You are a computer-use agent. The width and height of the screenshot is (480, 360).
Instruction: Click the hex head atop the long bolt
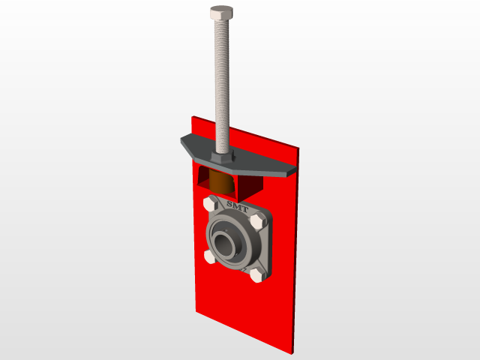(221, 13)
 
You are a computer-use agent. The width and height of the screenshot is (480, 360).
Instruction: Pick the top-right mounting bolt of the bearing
(259, 222)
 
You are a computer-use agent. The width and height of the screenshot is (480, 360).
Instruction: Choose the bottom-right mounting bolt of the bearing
(256, 276)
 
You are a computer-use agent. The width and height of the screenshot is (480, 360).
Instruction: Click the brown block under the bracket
(220, 181)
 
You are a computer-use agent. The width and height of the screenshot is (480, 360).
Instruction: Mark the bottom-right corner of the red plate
(292, 352)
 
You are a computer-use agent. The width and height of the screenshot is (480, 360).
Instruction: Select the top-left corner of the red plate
(193, 117)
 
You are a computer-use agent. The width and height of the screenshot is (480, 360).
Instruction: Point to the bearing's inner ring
(231, 242)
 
